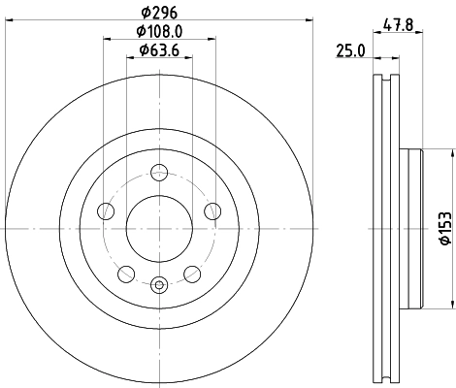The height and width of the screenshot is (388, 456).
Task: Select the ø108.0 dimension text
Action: click(x=160, y=33)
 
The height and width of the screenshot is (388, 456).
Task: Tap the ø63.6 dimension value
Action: click(x=159, y=49)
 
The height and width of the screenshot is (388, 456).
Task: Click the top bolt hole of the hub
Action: click(x=159, y=175)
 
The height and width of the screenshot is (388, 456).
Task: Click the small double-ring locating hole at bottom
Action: click(x=159, y=283)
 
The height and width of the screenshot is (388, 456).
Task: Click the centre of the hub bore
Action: click(x=159, y=229)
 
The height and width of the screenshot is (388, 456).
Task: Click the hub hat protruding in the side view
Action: click(x=415, y=229)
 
